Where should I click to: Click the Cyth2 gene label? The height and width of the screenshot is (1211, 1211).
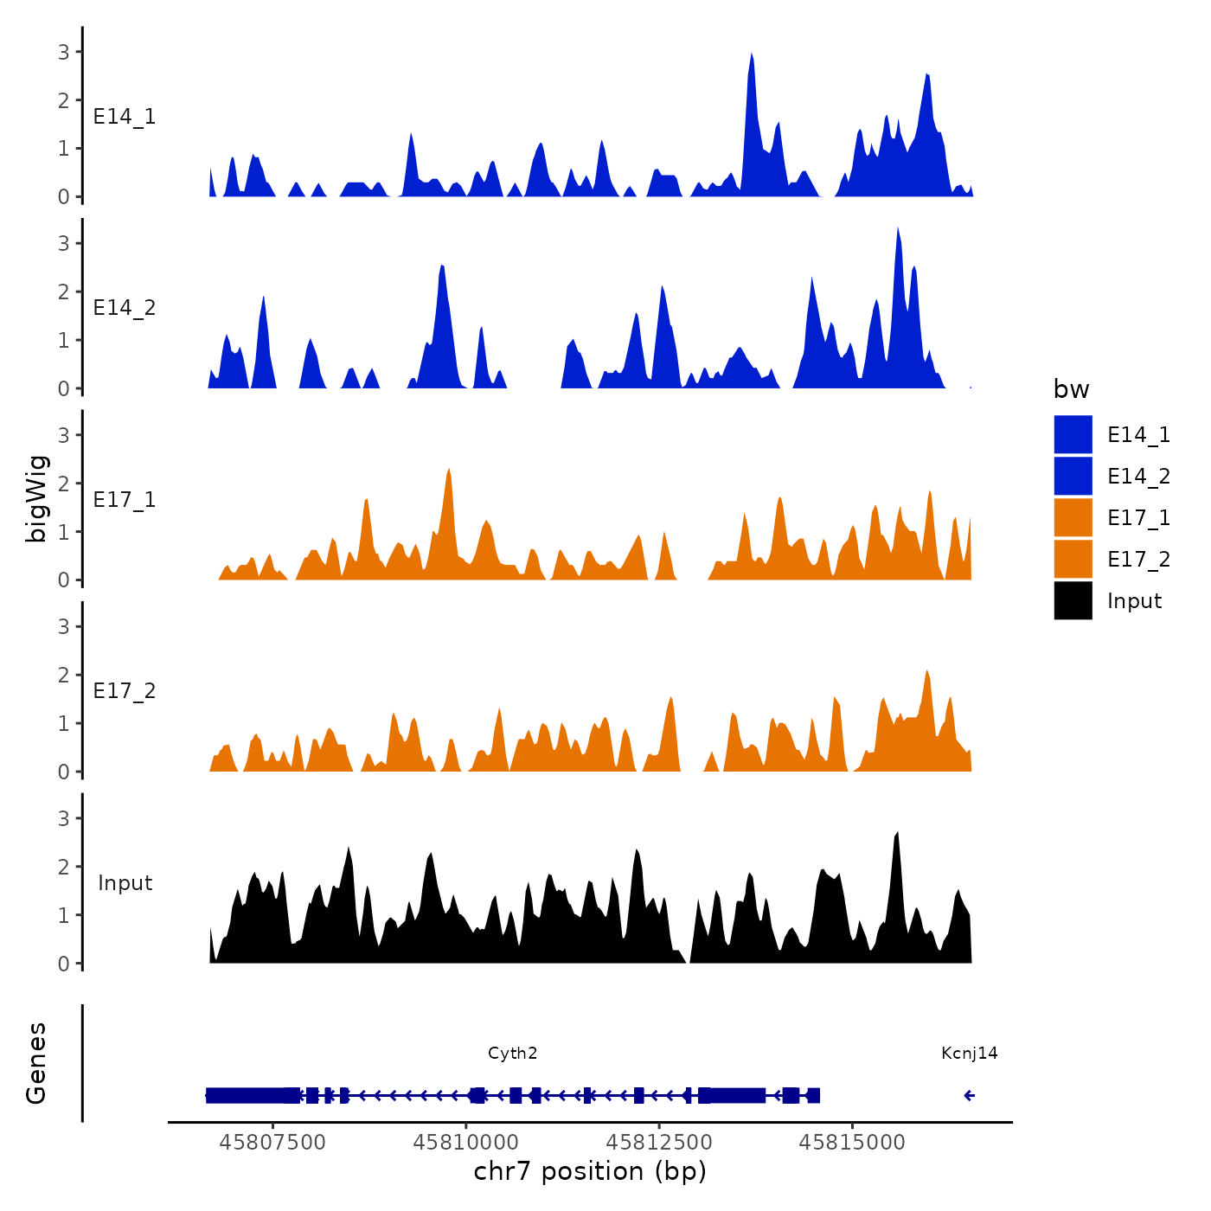(x=512, y=1053)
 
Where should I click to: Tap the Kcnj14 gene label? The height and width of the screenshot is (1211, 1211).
(x=969, y=1053)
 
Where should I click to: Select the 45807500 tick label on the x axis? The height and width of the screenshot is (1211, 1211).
(x=272, y=1143)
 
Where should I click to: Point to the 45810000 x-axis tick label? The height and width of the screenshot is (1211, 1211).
(x=466, y=1143)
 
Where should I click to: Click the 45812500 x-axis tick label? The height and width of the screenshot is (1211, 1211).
(x=659, y=1143)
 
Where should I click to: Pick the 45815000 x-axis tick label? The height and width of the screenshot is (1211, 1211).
(x=852, y=1143)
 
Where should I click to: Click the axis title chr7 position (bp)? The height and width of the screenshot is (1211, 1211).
(x=590, y=1171)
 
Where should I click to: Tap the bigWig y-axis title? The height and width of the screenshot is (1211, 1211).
(x=36, y=499)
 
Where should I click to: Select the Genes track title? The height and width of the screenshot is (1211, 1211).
(x=36, y=1063)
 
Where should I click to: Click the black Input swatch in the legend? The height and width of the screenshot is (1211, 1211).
(x=1073, y=600)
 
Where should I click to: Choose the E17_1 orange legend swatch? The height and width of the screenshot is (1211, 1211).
(x=1073, y=517)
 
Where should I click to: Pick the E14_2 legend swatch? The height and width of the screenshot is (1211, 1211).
(x=1073, y=476)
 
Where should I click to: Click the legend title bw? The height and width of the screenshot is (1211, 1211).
(x=1071, y=389)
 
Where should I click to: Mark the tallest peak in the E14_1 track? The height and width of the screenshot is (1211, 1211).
(x=751, y=55)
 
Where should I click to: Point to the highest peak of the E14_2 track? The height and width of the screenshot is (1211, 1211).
(x=898, y=229)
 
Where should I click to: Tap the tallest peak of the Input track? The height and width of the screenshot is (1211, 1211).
(x=897, y=834)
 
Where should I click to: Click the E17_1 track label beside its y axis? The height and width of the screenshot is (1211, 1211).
(x=125, y=499)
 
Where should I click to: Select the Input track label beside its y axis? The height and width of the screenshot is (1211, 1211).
(x=125, y=882)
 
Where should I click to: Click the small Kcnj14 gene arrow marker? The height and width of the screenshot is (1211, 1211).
(x=969, y=1096)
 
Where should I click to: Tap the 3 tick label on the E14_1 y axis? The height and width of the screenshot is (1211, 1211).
(x=64, y=52)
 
